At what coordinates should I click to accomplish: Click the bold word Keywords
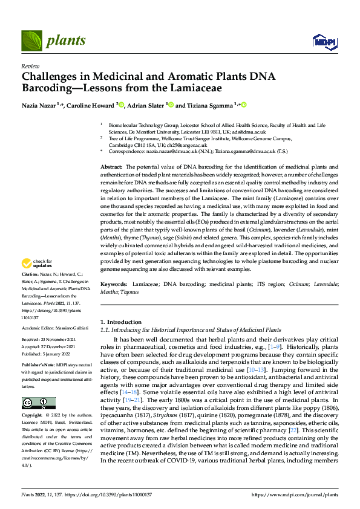click(x=113, y=284)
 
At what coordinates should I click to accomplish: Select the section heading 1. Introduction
click(x=121, y=322)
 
